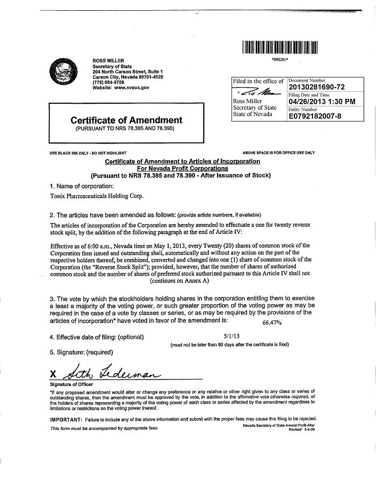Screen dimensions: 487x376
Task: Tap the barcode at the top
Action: (x=280, y=47)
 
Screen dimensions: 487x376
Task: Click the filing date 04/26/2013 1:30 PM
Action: (x=322, y=101)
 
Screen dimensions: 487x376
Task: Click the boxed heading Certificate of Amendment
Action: (x=126, y=120)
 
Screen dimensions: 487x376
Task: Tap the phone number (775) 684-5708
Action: (x=107, y=82)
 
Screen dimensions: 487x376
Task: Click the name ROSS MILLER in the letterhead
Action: (x=109, y=61)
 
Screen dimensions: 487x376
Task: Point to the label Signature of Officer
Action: (x=71, y=384)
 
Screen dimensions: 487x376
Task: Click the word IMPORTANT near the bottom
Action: (x=66, y=419)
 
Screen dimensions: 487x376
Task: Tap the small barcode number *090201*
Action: (x=280, y=60)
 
